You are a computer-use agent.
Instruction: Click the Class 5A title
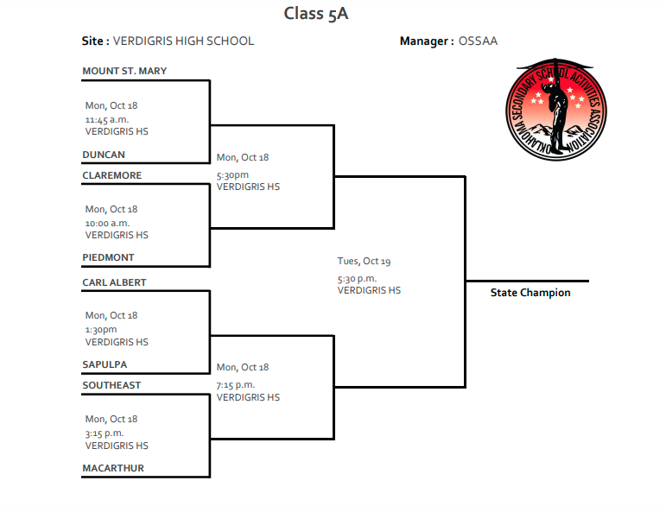click(316, 14)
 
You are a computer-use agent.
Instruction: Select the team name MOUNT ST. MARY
click(124, 71)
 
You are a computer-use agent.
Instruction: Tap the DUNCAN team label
click(104, 155)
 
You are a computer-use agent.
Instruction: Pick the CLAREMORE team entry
click(112, 175)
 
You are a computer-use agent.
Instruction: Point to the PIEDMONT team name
click(109, 257)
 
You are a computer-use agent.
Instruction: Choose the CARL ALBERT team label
click(115, 282)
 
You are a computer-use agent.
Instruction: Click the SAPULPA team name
click(105, 364)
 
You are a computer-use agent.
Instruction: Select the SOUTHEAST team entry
click(111, 385)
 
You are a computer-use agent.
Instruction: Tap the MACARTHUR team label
click(113, 468)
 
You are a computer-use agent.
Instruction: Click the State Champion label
click(530, 293)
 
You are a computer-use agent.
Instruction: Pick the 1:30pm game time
click(101, 329)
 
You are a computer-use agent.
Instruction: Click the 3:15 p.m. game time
click(105, 433)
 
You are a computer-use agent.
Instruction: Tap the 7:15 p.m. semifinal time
click(236, 384)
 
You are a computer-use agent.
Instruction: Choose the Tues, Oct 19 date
click(365, 261)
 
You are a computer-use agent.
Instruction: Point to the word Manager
click(424, 41)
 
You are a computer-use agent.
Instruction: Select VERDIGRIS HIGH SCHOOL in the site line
click(184, 41)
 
